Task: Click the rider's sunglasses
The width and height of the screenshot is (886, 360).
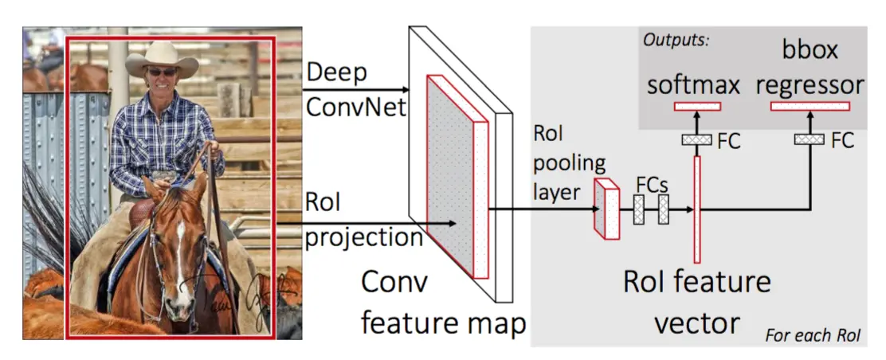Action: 162,72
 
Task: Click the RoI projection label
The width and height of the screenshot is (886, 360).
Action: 363,224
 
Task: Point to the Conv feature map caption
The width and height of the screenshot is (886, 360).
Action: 443,303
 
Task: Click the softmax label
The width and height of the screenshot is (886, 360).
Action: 693,84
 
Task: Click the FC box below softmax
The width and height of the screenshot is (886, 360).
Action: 696,140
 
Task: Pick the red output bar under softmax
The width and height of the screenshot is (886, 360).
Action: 697,106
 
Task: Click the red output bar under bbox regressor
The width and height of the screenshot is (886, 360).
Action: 810,106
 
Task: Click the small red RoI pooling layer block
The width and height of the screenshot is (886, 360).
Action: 607,209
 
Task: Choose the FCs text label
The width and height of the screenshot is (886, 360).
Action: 652,183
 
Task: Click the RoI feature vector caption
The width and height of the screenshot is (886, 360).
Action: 697,303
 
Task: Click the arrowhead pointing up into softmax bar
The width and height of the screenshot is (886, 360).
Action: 697,115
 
